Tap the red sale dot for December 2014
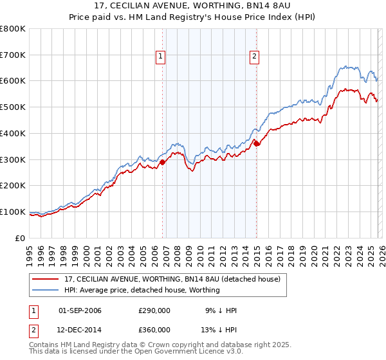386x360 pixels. click(x=257, y=144)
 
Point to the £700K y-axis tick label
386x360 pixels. click(x=13, y=55)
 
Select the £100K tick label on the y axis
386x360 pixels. click(x=13, y=212)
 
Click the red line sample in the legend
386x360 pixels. click(x=46, y=280)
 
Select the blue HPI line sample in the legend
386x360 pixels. click(x=46, y=291)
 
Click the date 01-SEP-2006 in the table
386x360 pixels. click(x=80, y=310)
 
